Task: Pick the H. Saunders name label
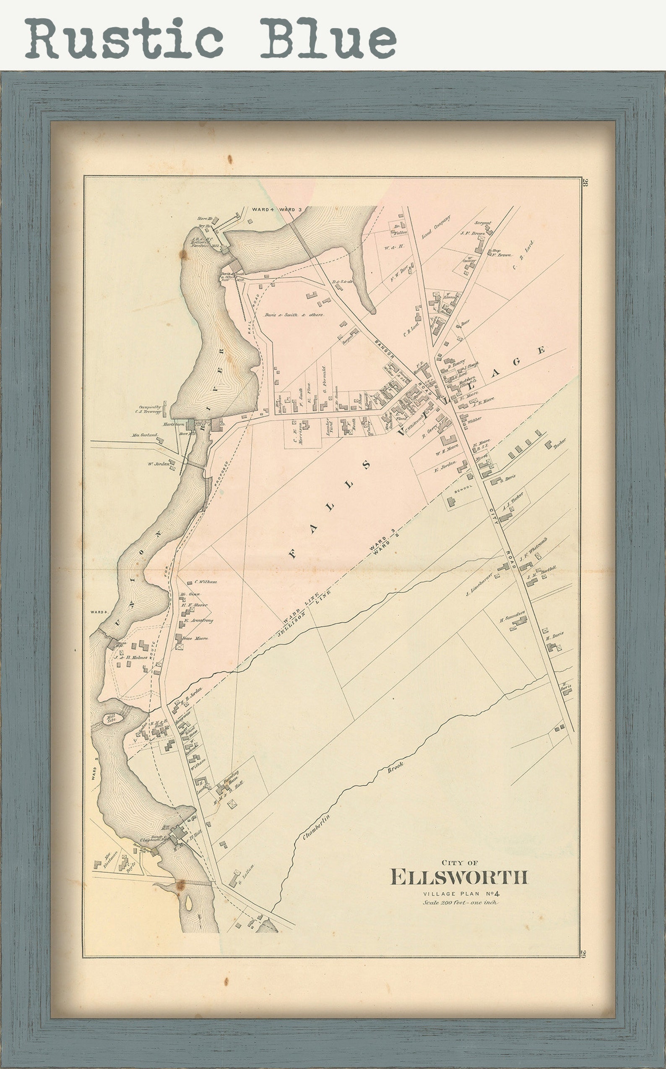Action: [x=512, y=615]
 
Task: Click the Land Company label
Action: [x=437, y=227]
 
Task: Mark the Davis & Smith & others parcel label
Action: [x=294, y=315]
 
